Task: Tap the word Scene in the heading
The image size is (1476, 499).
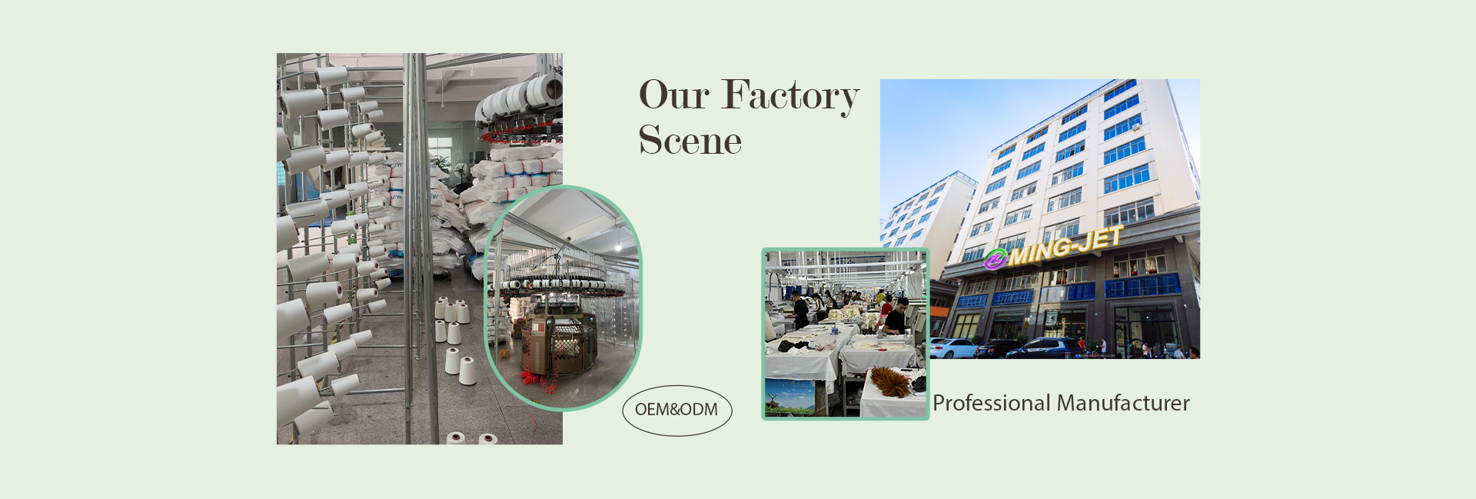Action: click(x=690, y=141)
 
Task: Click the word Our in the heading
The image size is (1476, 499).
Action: click(x=674, y=95)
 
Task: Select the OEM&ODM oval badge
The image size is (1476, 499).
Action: click(x=676, y=411)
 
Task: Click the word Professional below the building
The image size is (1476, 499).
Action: click(x=991, y=404)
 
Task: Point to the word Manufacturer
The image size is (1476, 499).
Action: click(x=1123, y=403)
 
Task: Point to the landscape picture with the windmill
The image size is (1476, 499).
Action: click(x=790, y=397)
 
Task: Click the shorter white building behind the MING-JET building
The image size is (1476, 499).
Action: click(x=926, y=215)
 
